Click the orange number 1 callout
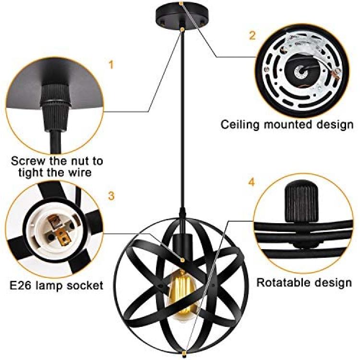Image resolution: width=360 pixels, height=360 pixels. pos(111,65)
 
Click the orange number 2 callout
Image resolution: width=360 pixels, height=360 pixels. pos(252,36)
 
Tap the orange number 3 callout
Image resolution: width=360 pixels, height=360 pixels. pos(111,196)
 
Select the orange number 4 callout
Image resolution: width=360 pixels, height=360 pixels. pos(252,182)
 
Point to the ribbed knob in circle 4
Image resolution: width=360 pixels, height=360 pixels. pos(301,202)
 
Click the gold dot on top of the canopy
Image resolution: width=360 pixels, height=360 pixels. pos(181,3)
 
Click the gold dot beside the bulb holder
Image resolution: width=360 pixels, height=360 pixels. pos(182,260)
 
